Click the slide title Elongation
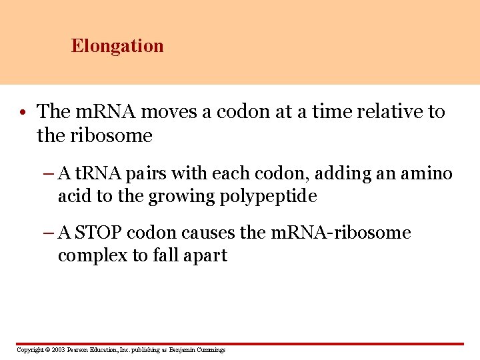[117, 46]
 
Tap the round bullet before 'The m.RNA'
[23, 112]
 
